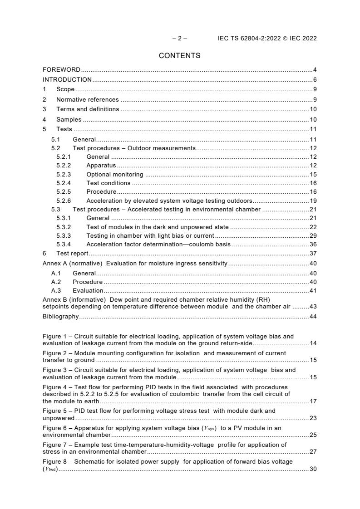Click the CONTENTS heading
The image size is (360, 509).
[179, 55]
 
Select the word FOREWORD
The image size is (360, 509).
[61, 70]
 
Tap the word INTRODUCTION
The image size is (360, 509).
[67, 80]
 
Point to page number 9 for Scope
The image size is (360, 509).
[315, 89]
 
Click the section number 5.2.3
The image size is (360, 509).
[64, 174]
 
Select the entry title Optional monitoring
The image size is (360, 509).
[114, 174]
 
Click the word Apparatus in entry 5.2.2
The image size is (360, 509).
[101, 166]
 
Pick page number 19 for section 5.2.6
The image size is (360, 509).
[313, 201]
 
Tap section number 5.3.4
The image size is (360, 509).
[64, 244]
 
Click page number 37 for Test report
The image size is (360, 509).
[313, 254]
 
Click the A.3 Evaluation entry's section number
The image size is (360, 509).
[56, 290]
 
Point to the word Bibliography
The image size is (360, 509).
[60, 316]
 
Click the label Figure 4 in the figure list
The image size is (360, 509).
[54, 387]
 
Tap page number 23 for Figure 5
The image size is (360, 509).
[313, 418]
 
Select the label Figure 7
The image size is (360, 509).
[54, 445]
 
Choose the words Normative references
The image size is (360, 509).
[87, 99]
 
